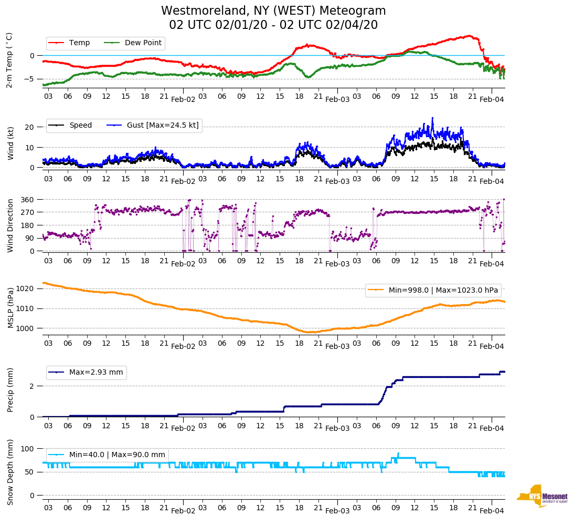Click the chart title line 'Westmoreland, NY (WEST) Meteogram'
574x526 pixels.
[x=273, y=11]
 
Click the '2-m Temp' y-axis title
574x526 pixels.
[x=9, y=60]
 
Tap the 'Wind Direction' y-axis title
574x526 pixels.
[x=10, y=225]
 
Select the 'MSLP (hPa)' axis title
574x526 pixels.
[x=10, y=308]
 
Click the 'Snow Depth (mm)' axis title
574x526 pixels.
[x=10, y=472]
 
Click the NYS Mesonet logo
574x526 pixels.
[x=542, y=496]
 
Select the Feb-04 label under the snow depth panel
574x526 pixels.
[x=492, y=511]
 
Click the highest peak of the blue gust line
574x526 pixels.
[x=433, y=118]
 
